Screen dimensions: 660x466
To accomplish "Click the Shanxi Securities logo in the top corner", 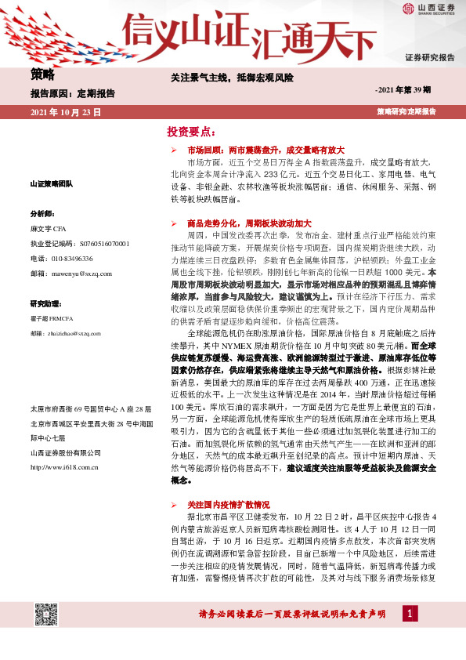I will [x=428, y=10].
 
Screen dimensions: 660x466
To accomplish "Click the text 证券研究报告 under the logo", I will [x=429, y=58].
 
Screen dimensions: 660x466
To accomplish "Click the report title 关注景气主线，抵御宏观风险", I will [x=232, y=78].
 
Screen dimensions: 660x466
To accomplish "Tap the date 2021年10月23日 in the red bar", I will [x=66, y=113].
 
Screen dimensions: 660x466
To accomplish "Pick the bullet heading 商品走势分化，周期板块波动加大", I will [x=249, y=223].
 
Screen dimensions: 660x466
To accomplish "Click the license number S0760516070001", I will [x=96, y=245].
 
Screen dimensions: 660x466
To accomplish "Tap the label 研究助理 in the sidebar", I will [x=45, y=303].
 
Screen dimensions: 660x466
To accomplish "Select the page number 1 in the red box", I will [x=408, y=615].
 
